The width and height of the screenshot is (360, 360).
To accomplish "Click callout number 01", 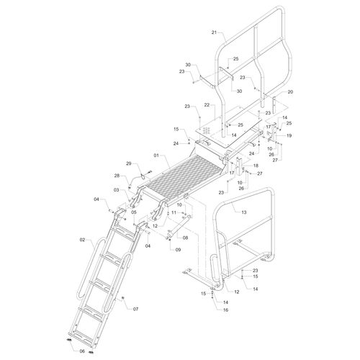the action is point(157,156).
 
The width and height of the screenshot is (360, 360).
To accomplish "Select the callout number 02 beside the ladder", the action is point(83,240).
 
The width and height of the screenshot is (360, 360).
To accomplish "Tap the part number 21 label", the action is point(214,32).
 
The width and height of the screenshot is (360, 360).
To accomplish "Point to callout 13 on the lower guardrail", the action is point(244,212).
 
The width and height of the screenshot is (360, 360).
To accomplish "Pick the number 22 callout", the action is point(207,105).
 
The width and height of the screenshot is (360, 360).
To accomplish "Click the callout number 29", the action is point(130,163).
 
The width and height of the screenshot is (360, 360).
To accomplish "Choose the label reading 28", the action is point(117,176).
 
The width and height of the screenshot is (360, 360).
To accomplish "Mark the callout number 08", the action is point(185,238).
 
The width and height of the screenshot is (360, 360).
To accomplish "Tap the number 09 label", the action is point(178,250).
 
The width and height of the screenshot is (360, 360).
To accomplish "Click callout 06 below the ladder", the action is point(82,351).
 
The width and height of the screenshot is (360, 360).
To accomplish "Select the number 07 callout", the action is point(135,309).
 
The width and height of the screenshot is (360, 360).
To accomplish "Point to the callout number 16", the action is point(225,310).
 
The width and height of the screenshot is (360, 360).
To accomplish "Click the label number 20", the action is point(290,91).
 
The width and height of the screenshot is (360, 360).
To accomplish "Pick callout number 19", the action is point(289,135).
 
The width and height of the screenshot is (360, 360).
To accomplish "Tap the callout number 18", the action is point(256,166).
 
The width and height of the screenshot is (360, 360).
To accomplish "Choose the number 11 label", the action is point(174,212).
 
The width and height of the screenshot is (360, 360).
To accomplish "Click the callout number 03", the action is point(116,190).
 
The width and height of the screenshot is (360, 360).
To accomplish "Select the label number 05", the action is point(134,212).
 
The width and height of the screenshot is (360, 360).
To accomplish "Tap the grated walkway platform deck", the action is point(184,174).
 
